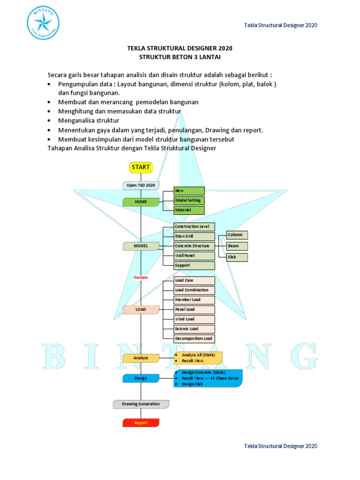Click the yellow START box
[141, 167]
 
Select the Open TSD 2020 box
[141, 185]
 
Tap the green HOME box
[141, 202]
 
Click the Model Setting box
[189, 200]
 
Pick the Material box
[189, 210]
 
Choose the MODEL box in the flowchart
[141, 246]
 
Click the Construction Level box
[194, 226]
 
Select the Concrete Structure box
[194, 246]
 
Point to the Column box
[237, 235]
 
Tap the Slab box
[237, 257]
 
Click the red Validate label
[141, 277]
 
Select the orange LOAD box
[141, 310]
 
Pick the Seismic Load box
[194, 329]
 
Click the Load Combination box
[194, 290]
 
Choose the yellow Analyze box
[141, 358]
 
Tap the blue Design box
[141, 378]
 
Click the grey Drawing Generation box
[141, 404]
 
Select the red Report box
[141, 423]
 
